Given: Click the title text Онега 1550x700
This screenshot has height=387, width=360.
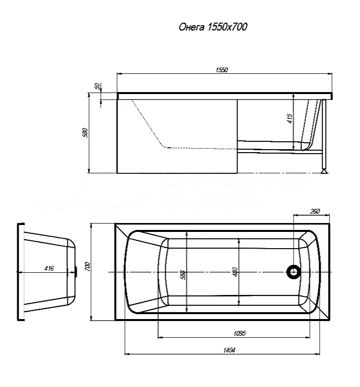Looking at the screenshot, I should click(x=212, y=27).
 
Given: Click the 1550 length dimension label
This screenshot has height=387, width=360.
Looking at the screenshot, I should click(x=221, y=70).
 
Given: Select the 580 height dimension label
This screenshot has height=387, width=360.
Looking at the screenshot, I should click(x=85, y=133).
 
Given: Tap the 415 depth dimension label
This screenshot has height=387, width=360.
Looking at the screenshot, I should click(x=290, y=118).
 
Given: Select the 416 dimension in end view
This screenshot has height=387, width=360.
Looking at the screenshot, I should click(x=49, y=268).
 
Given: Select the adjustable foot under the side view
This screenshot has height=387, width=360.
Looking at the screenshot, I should click(x=324, y=171).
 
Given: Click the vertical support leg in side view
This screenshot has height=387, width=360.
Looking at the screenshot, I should click(x=323, y=135).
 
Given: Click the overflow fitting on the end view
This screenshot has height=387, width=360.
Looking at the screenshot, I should click(x=76, y=271).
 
